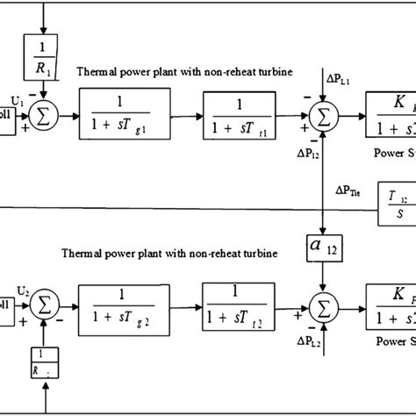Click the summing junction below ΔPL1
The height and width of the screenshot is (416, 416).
pyautogui.click(x=325, y=115)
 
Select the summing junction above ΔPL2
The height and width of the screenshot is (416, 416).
pyautogui.click(x=325, y=307)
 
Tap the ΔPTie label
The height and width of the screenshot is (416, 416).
pyautogui.click(x=348, y=188)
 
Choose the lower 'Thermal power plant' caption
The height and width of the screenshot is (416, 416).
pyautogui.click(x=169, y=253)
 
